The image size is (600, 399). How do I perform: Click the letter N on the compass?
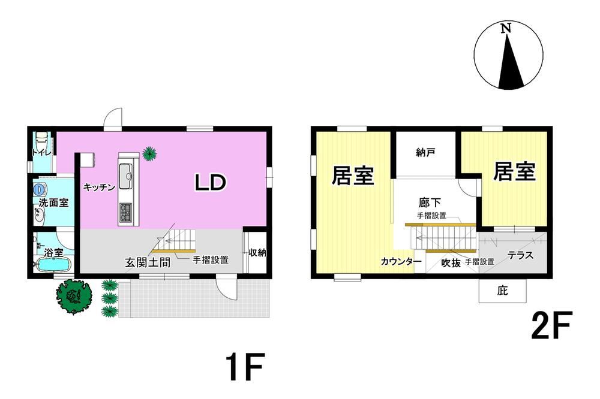tap(506, 28)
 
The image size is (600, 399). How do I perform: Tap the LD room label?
tap(211, 182)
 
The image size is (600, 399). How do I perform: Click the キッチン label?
tap(99, 188)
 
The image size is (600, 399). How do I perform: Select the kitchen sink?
tap(125, 176)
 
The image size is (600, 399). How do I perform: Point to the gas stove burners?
tap(125, 213)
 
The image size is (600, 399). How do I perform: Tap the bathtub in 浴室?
tap(53, 264)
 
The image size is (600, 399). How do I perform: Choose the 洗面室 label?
tap(53, 202)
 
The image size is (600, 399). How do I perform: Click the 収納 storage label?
tap(257, 253)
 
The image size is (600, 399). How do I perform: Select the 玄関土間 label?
tap(148, 262)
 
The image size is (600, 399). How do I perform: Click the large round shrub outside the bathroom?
tap(74, 296)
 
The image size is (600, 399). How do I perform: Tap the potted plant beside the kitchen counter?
tap(149, 153)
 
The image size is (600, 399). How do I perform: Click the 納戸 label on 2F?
tap(425, 153)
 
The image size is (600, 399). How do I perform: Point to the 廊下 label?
tap(430, 202)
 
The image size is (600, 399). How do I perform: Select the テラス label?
tap(521, 255)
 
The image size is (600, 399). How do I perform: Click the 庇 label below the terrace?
tap(502, 291)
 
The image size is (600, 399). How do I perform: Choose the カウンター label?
tap(401, 261)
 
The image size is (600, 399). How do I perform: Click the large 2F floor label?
tap(551, 325)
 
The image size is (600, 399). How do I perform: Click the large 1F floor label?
tap(245, 367)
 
